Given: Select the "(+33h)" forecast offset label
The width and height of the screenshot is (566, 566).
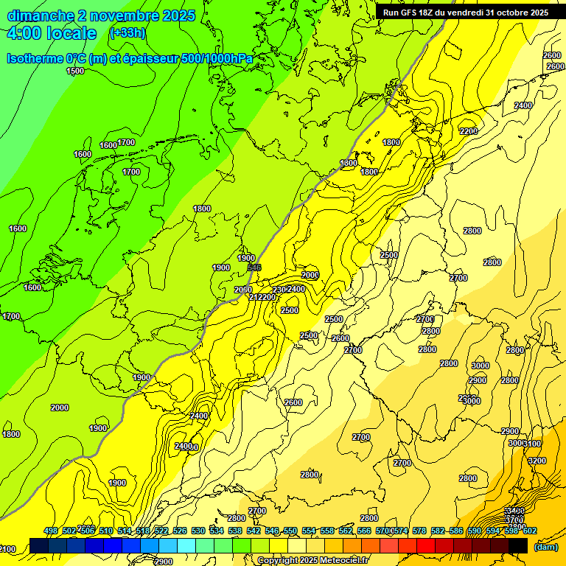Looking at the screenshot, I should click(x=127, y=33).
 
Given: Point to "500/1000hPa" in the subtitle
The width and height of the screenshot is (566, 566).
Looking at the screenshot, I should click(x=220, y=57).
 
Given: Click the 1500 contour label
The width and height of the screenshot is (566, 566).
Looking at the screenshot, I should click(x=75, y=71).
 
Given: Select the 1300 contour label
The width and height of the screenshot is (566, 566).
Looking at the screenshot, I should click(x=349, y=163).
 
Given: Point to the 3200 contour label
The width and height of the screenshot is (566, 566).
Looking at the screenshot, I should click(x=537, y=461).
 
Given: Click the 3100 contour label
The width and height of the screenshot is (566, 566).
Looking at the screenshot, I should click(x=532, y=444).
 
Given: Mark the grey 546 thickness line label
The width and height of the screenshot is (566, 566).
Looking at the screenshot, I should click(x=255, y=268).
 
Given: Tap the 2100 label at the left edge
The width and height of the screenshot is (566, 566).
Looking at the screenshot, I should click(x=7, y=549).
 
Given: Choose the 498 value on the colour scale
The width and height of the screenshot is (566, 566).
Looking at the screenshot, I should click(x=51, y=531).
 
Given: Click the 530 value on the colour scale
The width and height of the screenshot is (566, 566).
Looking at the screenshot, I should click(x=198, y=531).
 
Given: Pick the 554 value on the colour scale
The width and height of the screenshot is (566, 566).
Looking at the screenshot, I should click(x=309, y=531).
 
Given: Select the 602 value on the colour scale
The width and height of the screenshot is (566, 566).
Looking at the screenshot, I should click(x=529, y=531).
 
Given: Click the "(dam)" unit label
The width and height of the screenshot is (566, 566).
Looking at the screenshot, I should click(x=545, y=547).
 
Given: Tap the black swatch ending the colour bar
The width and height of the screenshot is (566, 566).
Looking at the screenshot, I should click(x=518, y=545).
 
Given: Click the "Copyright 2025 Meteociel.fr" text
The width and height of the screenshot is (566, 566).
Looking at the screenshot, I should click(x=314, y=561).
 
